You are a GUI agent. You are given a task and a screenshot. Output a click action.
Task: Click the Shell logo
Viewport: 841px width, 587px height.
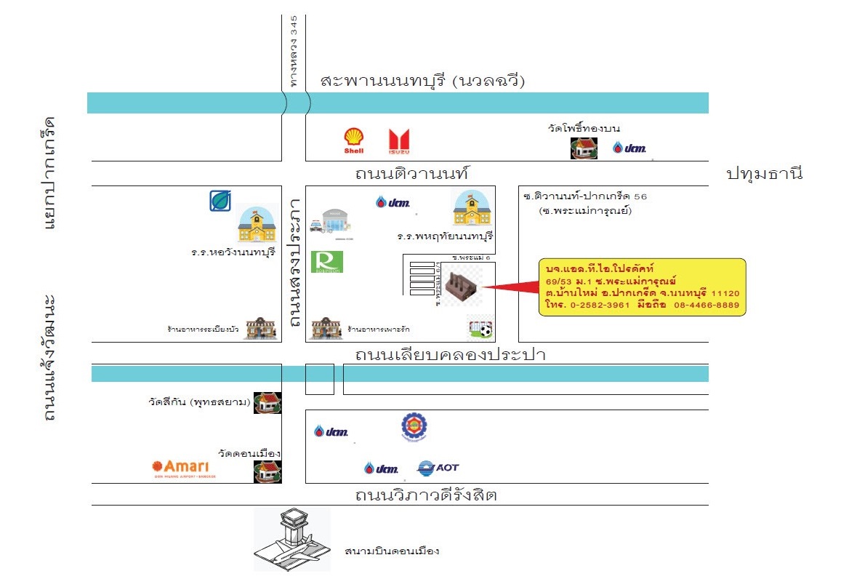354,140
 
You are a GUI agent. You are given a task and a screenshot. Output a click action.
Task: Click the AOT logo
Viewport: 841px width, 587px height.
438,468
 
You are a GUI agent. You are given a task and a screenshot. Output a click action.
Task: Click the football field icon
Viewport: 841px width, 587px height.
480,329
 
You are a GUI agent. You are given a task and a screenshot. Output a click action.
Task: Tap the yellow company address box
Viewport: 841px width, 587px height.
642,287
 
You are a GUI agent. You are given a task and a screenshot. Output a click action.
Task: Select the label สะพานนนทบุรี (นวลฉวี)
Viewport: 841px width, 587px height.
423,81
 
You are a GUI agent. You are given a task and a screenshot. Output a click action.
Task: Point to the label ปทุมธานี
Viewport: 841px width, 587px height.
764,174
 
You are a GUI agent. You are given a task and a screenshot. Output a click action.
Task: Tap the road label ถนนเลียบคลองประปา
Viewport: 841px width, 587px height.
450,355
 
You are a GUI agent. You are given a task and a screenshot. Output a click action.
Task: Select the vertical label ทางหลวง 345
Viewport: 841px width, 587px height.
294,52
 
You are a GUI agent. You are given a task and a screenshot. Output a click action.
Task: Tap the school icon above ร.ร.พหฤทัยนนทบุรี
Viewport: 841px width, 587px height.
472,209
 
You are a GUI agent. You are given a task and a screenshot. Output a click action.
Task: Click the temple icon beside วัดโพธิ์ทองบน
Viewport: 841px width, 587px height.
584,148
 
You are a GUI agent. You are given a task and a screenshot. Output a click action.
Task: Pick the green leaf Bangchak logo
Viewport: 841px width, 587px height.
220,200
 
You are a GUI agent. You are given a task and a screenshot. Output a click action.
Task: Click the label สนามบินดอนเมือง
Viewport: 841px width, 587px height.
392,551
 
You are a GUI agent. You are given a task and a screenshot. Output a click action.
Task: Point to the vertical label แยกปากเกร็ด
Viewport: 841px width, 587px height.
49,172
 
